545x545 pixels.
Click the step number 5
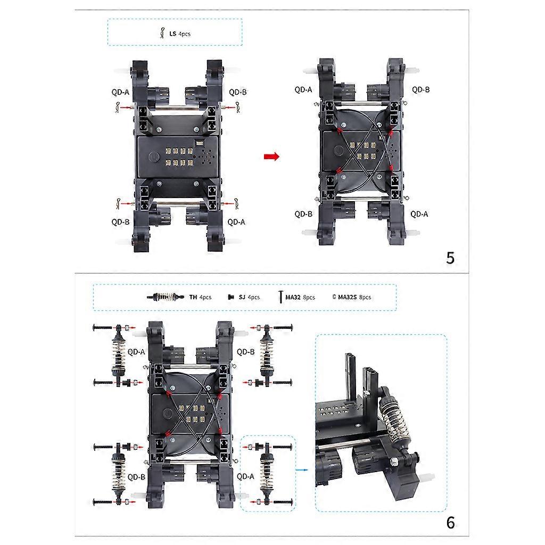pyautogui.click(x=450, y=258)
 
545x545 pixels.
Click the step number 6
pyautogui.click(x=450, y=523)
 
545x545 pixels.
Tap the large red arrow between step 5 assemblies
pyautogui.click(x=271, y=156)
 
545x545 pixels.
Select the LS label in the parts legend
pyautogui.click(x=172, y=34)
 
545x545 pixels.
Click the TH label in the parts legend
pyautogui.click(x=193, y=297)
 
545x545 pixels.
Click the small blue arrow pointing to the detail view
pyautogui.click(x=303, y=470)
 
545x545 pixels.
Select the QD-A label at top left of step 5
pyautogui.click(x=120, y=92)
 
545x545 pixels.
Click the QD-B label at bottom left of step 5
pyautogui.click(x=120, y=221)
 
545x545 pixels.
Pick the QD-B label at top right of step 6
pyautogui.click(x=245, y=351)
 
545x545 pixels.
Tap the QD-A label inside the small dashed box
pyautogui.click(x=245, y=477)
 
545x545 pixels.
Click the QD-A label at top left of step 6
pyautogui.click(x=137, y=351)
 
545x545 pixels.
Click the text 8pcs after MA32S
pyautogui.click(x=365, y=297)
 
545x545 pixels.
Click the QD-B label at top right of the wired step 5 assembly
pyautogui.click(x=420, y=89)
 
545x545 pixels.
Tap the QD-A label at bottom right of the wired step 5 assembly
pyautogui.click(x=419, y=213)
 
